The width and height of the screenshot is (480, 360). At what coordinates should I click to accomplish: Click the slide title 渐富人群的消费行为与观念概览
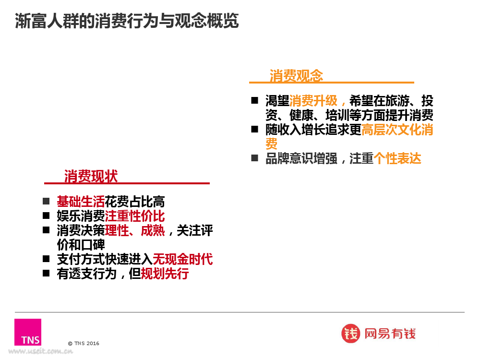127,21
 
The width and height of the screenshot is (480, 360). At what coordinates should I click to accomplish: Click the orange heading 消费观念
296,75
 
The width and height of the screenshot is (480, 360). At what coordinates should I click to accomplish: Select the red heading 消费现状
91,176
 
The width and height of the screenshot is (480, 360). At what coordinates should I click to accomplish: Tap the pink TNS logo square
28,332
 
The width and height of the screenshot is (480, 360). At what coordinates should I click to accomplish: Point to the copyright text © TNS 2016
84,344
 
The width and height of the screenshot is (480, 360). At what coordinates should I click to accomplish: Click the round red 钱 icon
350,334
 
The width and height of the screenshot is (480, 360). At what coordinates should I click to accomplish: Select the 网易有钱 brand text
390,334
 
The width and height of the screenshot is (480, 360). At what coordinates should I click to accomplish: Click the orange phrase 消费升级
313,100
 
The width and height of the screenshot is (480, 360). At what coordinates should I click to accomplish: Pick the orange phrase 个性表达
397,158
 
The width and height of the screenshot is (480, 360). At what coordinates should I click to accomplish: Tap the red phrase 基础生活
81,202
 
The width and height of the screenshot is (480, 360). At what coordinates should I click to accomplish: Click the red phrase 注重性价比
135,216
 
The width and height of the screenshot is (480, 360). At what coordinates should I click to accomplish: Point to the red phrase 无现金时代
182,259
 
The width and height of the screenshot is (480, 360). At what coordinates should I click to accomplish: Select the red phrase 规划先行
165,274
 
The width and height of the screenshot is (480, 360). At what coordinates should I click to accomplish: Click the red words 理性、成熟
135,230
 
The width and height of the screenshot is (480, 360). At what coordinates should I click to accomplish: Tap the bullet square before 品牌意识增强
255,158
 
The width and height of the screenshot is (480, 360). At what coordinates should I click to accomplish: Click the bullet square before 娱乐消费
46,216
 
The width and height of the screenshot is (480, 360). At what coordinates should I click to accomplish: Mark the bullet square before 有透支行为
46,273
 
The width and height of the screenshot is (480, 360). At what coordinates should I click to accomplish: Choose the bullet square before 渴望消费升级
255,100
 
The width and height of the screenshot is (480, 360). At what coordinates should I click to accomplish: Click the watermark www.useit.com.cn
40,351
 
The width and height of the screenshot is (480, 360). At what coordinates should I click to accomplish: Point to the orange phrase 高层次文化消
397,130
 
